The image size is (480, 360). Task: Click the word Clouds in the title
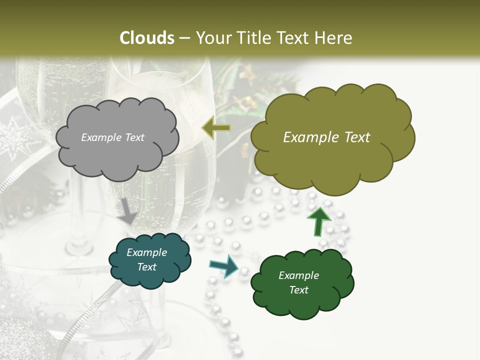(147, 38)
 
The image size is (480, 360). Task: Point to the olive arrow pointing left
(216, 128)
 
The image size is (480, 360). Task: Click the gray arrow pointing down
(127, 211)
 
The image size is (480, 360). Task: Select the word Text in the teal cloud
(147, 267)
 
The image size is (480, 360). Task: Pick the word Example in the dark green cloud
(298, 275)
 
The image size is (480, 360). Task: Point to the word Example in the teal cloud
(146, 252)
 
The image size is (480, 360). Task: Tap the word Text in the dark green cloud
(298, 290)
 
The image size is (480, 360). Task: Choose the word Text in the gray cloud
(134, 137)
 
